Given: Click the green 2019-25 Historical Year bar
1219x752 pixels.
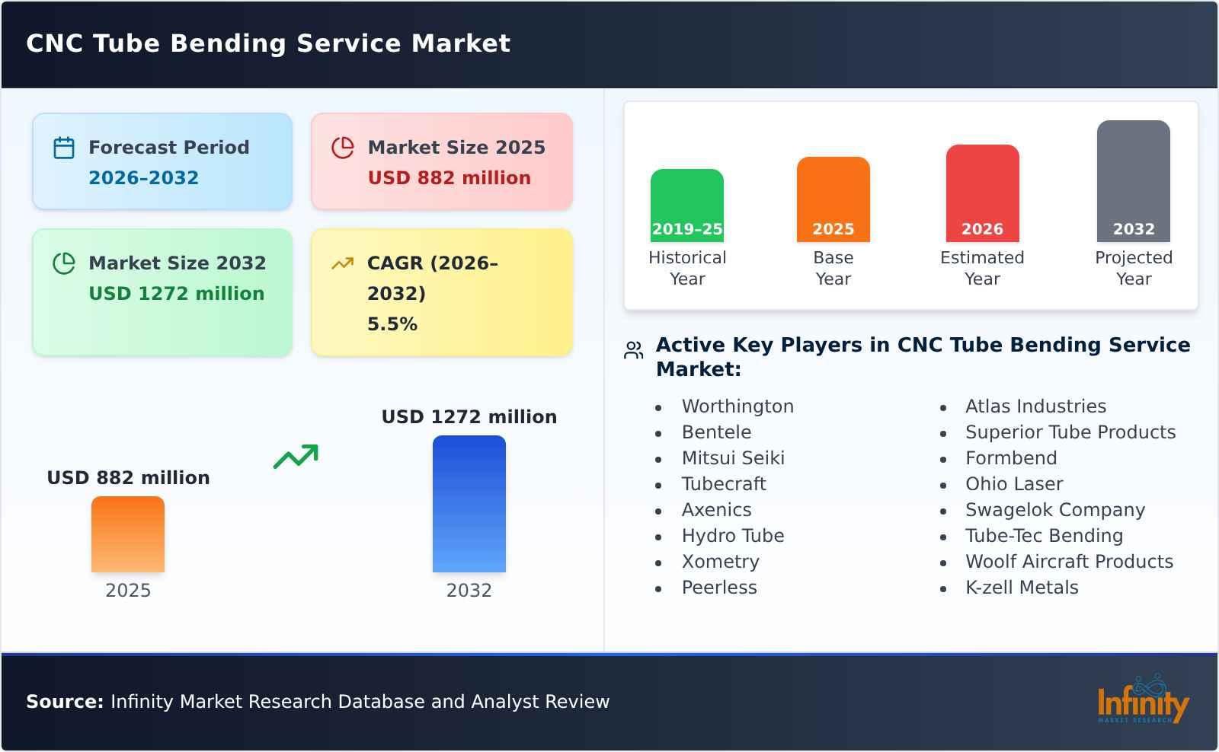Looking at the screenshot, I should pos(686,205).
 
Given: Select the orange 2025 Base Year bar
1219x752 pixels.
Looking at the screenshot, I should pos(833,199).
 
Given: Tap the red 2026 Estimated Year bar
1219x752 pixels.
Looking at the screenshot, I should pos(982,193).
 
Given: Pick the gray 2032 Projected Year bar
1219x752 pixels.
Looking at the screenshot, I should pos(1133,180).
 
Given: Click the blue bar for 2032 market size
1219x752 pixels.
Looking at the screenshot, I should pos(469,503).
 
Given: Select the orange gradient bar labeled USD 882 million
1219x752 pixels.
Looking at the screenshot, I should pos(127,534).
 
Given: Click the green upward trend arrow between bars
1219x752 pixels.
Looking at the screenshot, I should pos(296,457).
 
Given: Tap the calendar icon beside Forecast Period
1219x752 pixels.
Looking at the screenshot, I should pos(64,148).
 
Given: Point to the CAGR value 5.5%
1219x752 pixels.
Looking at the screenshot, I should pos(392,324).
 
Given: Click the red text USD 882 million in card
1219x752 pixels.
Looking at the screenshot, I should pos(449,178).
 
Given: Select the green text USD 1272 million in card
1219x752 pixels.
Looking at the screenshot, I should pos(176,294).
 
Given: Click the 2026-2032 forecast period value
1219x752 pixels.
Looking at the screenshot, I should pos(143,178).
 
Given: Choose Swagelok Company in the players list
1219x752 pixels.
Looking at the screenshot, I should pos(1054,510).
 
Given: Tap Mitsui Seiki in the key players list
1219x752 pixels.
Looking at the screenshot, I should pos(732,458).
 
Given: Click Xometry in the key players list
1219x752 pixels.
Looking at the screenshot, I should pos(720,562).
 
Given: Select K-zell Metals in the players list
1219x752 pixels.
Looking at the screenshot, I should pos(1021,588).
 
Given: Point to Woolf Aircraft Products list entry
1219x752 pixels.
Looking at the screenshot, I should pos(1068,562).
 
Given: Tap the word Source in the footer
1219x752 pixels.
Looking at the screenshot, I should pos(64,702).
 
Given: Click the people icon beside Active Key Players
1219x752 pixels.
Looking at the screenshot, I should pos(633,350).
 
